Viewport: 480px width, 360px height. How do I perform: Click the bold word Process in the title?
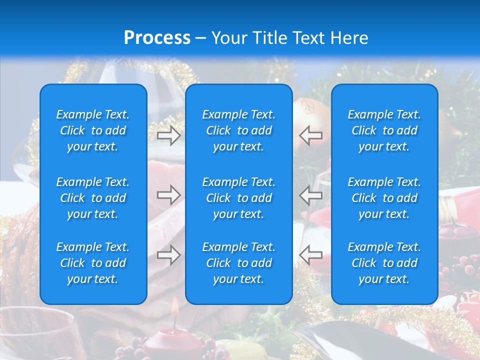[157, 38]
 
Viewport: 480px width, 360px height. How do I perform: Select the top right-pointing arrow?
[168, 135]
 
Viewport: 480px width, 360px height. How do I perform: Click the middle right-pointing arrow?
[168, 195]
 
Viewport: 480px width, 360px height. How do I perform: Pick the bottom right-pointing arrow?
[168, 255]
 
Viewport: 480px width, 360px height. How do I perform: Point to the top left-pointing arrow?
[311, 135]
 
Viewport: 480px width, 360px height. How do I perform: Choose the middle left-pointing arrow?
[311, 195]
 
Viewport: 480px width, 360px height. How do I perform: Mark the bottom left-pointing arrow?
[311, 255]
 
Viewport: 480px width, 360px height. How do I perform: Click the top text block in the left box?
[93, 130]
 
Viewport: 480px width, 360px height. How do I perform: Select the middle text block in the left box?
[93, 198]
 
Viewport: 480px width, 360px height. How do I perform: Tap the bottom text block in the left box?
[93, 263]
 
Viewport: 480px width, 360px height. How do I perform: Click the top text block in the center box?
[239, 130]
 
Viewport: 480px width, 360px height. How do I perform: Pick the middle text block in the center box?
[239, 198]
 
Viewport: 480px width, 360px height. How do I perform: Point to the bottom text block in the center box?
[239, 263]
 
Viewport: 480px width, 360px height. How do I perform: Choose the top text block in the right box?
[384, 130]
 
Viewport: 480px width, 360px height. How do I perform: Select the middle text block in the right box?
[384, 198]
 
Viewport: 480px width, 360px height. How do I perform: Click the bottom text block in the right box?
[384, 263]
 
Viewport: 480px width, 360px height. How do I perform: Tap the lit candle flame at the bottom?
[175, 308]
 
